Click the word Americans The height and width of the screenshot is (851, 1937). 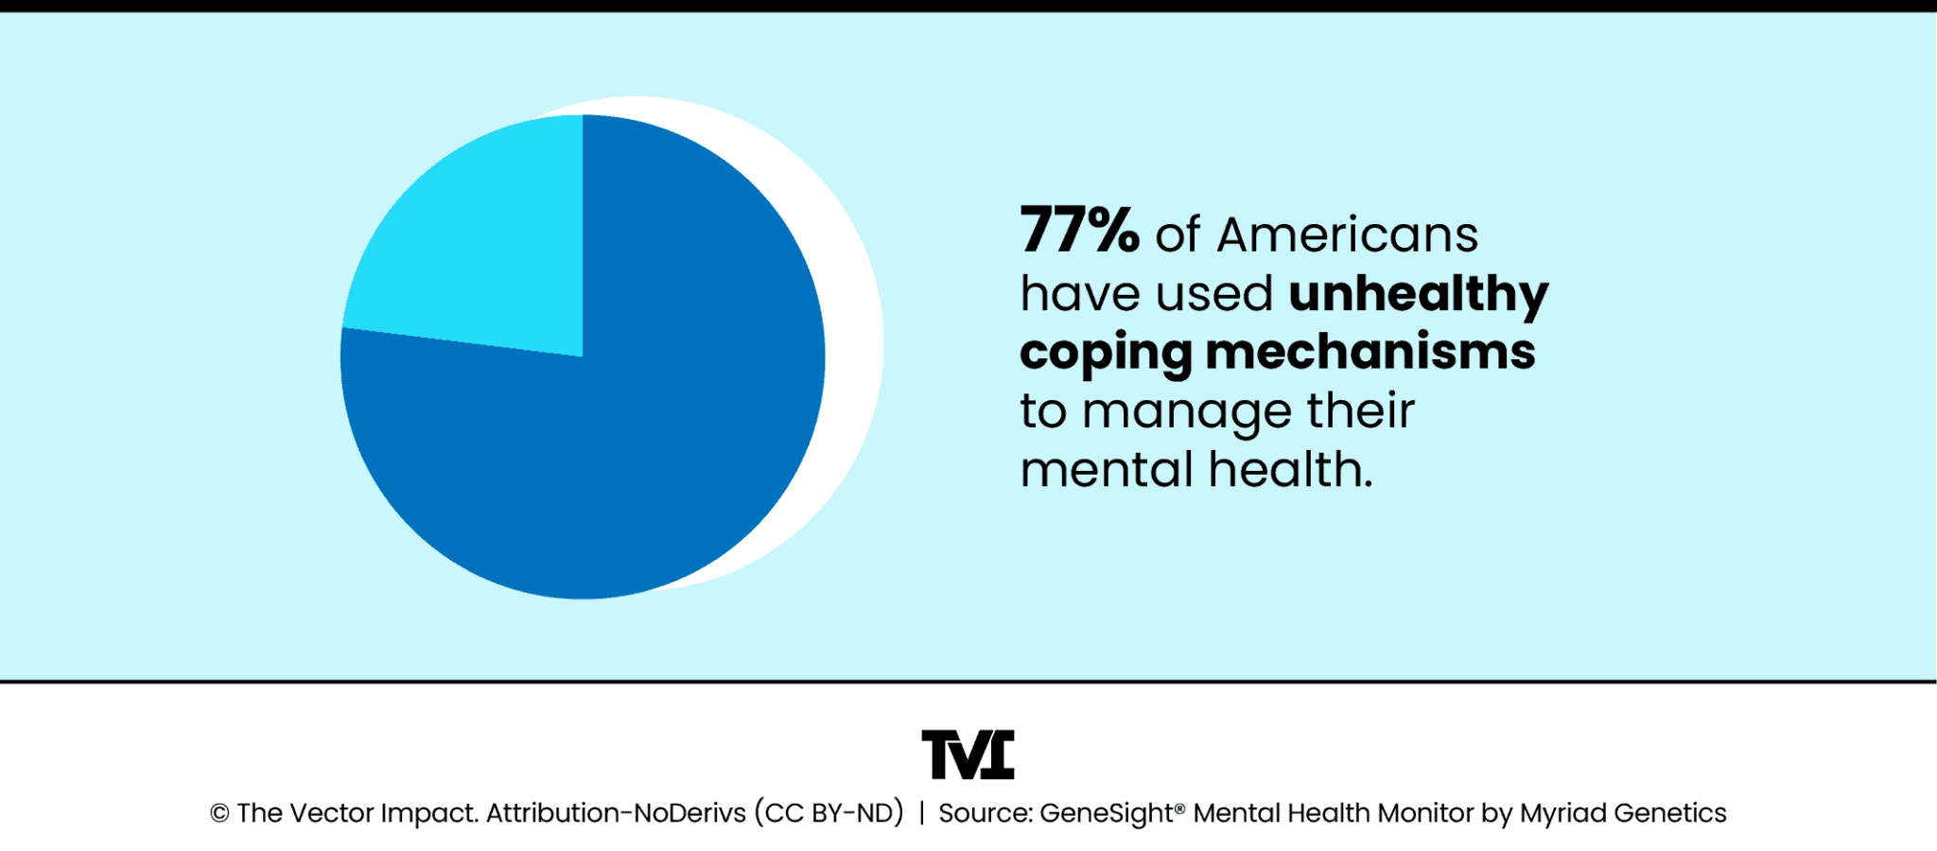click(x=1347, y=234)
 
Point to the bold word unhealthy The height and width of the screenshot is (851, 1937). click(x=1418, y=294)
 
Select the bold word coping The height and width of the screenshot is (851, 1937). click(x=1105, y=354)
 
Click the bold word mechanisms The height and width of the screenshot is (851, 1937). click(x=1370, y=352)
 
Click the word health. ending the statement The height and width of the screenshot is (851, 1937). click(x=1290, y=470)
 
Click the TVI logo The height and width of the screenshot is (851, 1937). click(x=968, y=755)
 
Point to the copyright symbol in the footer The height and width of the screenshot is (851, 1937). click(x=219, y=814)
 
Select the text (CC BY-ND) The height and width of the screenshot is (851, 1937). click(x=829, y=813)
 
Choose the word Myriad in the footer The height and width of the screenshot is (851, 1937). click(x=1562, y=813)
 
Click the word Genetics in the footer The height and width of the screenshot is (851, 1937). click(x=1670, y=813)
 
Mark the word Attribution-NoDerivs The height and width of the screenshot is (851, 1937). click(x=616, y=813)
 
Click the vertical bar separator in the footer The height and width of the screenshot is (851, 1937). click(x=921, y=813)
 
